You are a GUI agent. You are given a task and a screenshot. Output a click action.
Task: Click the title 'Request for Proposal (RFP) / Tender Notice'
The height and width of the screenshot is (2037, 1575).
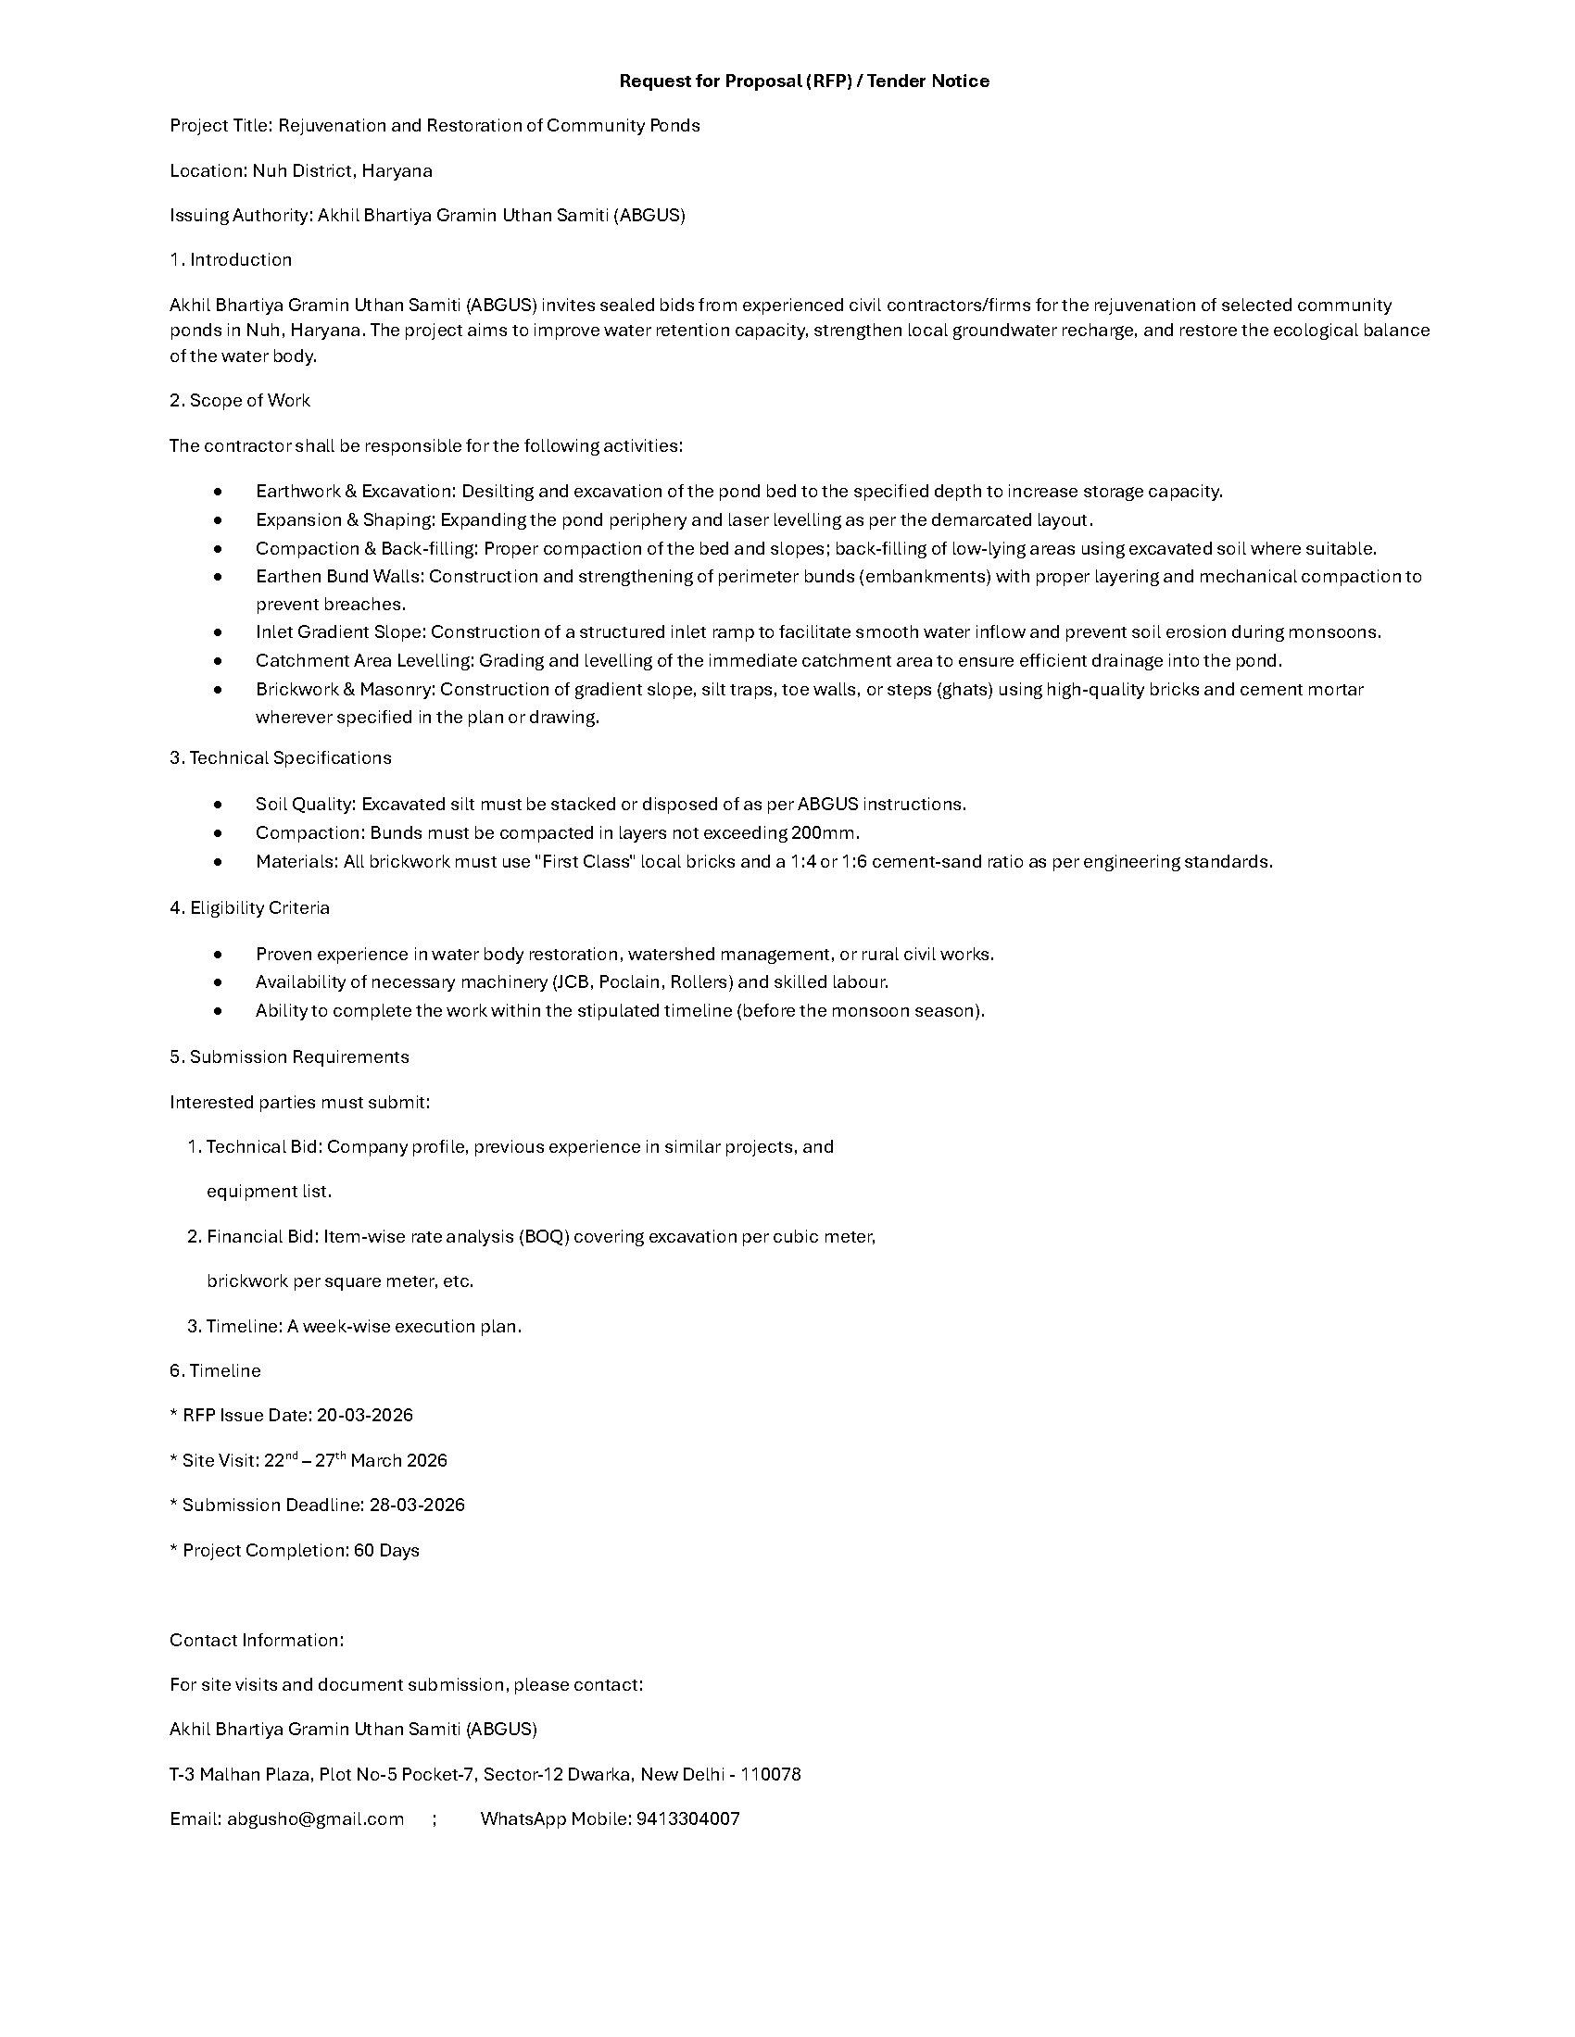pos(803,81)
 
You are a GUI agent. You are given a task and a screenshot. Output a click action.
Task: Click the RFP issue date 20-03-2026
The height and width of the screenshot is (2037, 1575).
pos(365,1415)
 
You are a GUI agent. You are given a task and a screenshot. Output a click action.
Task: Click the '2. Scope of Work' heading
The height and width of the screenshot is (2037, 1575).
pos(240,400)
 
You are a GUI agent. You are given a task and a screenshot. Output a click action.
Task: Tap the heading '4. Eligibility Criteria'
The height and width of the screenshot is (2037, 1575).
pos(249,907)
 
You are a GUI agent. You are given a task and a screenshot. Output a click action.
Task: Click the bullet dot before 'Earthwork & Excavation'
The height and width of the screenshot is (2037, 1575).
pos(218,492)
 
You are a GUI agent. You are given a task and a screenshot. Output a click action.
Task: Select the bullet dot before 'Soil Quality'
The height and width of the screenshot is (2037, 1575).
pos(218,804)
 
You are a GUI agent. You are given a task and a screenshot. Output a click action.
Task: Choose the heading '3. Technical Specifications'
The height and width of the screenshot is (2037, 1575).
pos(280,757)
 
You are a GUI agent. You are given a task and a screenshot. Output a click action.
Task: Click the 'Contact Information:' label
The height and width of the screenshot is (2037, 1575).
pos(257,1640)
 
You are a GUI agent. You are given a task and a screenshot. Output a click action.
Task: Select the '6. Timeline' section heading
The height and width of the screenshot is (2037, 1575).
pos(215,1370)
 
